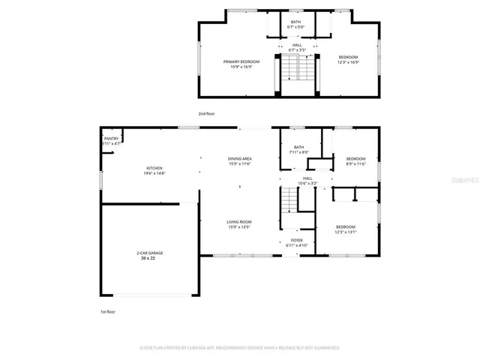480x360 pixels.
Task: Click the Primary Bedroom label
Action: (x=241, y=61)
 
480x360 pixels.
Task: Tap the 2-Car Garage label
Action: (x=150, y=253)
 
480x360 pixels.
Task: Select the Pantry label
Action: (x=111, y=139)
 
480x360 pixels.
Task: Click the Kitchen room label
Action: (x=154, y=168)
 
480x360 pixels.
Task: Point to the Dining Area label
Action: (x=239, y=159)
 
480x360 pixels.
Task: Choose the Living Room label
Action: (x=239, y=222)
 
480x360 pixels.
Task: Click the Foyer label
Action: (x=297, y=241)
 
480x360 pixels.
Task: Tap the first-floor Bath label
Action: (x=298, y=147)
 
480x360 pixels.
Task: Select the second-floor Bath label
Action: (x=296, y=22)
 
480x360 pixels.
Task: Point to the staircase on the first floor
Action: (x=289, y=200)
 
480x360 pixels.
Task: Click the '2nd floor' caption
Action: (x=206, y=113)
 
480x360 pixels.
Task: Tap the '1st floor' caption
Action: (x=108, y=311)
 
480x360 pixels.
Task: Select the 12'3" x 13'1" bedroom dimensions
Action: (x=345, y=232)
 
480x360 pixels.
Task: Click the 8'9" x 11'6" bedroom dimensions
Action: (x=355, y=163)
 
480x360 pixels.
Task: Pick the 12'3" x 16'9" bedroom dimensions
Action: (x=348, y=62)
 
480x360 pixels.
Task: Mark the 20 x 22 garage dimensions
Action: (x=150, y=258)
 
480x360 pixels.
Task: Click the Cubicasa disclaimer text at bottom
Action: (x=240, y=348)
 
